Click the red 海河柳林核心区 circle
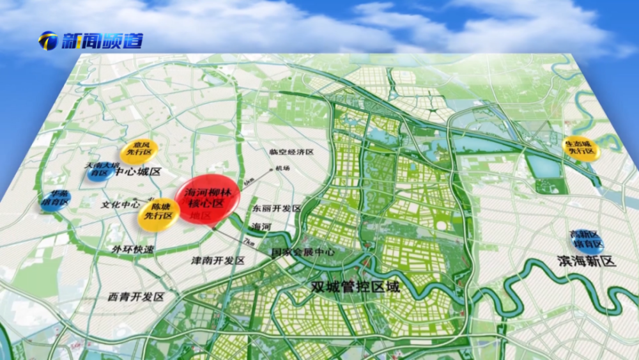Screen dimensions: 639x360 pos(208,198)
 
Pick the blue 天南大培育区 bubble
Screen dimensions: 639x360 pos(101,169)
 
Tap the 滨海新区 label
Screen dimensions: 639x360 pos(585,261)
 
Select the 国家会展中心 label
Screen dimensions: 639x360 pos(303,252)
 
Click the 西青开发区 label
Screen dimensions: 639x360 pos(136,297)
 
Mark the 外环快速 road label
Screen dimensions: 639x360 pos(133,249)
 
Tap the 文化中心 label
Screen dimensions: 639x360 pos(121,205)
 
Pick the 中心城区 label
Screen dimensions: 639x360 pos(139,172)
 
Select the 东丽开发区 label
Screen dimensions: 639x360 pos(275,208)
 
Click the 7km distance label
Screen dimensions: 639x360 pos(249,243)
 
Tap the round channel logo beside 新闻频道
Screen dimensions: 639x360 pos(48,41)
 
